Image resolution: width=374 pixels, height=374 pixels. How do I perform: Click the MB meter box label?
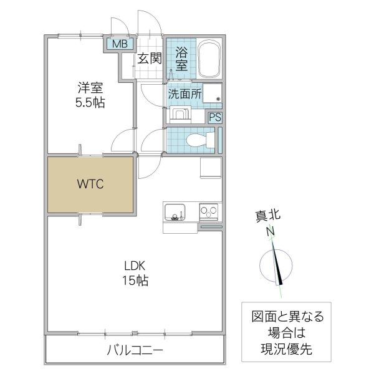[118, 44]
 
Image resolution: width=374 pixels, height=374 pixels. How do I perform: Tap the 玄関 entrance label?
[150, 59]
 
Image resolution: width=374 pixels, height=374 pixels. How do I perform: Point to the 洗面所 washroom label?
[185, 95]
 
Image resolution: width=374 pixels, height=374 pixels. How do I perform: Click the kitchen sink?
[174, 213]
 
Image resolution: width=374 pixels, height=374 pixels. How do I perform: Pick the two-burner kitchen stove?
[209, 211]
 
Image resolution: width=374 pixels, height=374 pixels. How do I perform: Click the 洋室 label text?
[90, 88]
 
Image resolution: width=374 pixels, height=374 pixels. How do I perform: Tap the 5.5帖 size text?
[90, 103]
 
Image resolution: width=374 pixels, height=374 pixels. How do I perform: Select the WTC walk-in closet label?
[90, 185]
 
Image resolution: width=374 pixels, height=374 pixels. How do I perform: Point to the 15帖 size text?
[135, 280]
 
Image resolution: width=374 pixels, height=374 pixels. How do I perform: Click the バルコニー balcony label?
[135, 350]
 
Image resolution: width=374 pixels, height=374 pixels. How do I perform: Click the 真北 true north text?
[268, 217]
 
